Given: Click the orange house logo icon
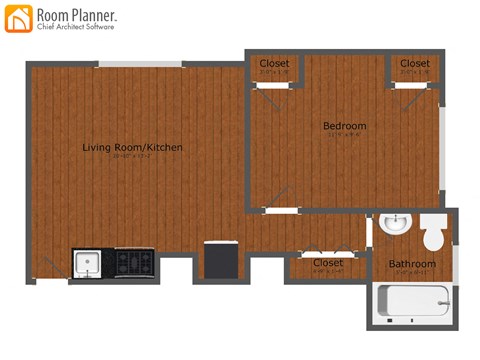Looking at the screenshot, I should (x=18, y=18).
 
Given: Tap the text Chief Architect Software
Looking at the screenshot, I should (x=75, y=27).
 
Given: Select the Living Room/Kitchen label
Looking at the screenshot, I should (x=132, y=147).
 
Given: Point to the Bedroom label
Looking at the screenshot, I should (x=344, y=126).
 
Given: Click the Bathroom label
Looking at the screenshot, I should (x=412, y=264).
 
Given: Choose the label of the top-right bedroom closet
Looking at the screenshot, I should (x=414, y=63).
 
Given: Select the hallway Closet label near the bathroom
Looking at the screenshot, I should (x=327, y=263).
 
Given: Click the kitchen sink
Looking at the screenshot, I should (x=87, y=263).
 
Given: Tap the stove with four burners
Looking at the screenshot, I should (x=133, y=262).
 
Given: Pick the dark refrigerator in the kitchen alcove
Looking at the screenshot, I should (x=219, y=261).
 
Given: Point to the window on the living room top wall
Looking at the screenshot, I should (x=140, y=65).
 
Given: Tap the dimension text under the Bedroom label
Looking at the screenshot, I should (x=344, y=136).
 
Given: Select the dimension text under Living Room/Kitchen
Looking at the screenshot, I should (x=132, y=157).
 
